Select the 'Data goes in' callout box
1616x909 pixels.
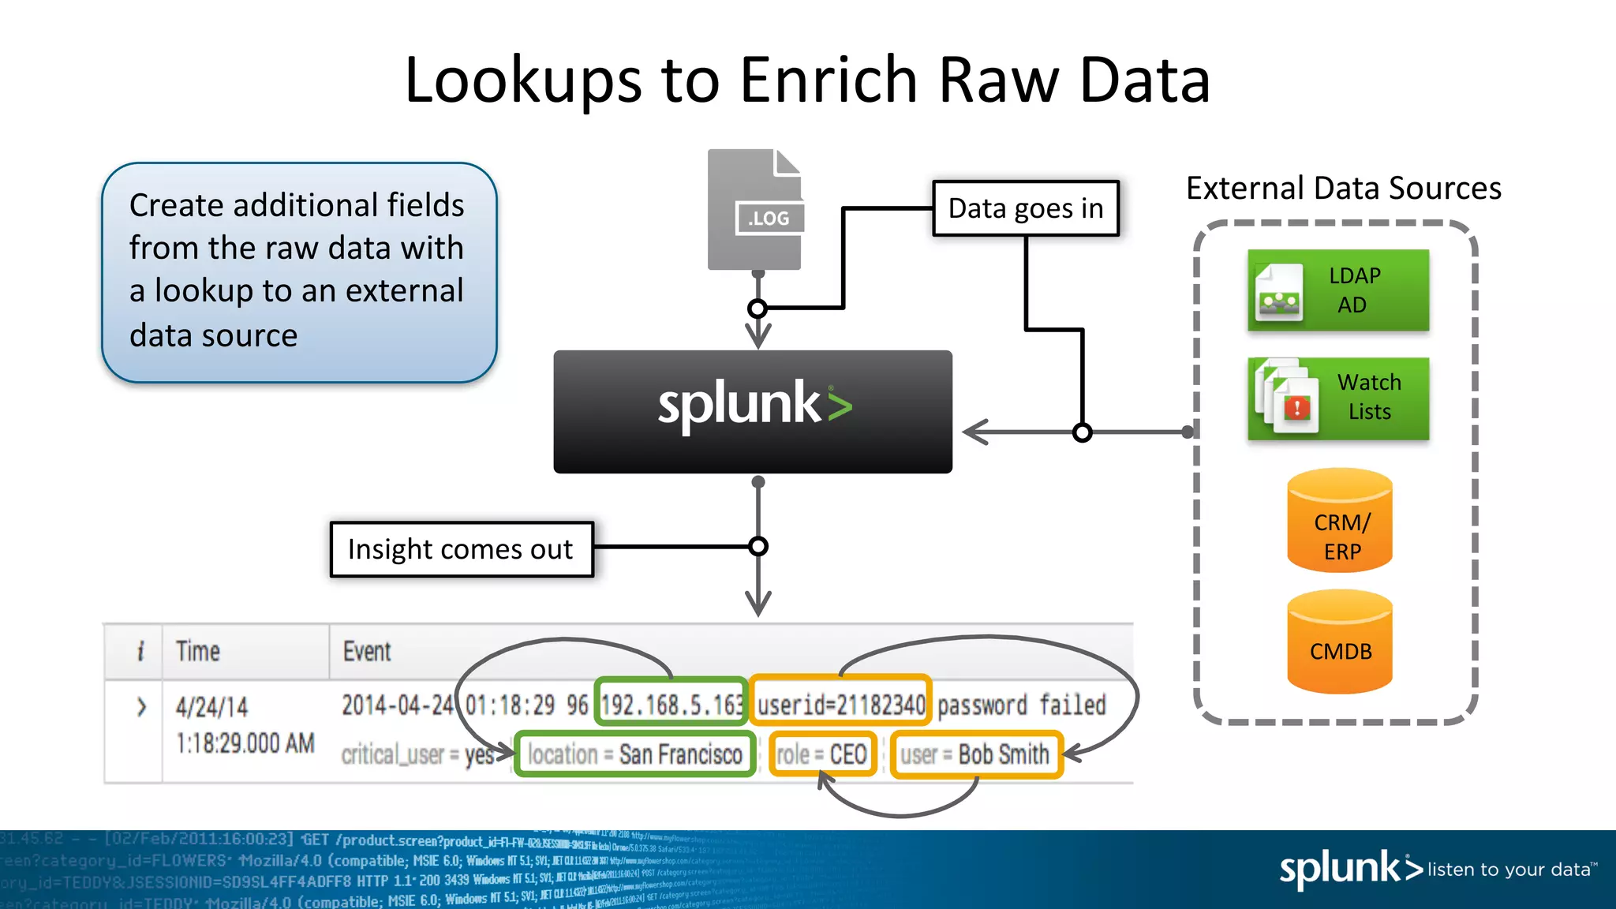click(1025, 208)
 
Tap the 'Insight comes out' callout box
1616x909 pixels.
click(461, 549)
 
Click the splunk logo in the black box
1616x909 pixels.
click(754, 406)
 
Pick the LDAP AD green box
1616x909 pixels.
click(1338, 290)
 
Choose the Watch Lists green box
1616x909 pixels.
click(1338, 398)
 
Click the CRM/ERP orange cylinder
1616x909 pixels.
click(1340, 522)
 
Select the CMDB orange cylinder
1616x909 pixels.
click(1340, 643)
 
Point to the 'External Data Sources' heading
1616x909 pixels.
click(1343, 189)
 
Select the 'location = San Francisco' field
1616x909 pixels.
click(635, 754)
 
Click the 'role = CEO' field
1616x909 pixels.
click(822, 754)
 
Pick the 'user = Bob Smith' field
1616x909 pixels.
click(975, 754)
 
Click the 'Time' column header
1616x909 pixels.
click(197, 652)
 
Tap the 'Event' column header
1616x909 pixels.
click(366, 652)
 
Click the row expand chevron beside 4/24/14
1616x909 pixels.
click(141, 706)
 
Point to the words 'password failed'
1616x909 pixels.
click(1021, 705)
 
